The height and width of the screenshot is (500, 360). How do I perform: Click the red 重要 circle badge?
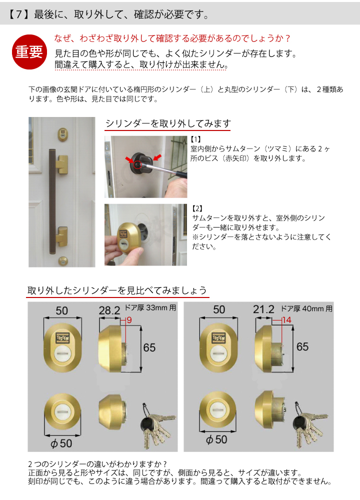pyautogui.click(x=29, y=52)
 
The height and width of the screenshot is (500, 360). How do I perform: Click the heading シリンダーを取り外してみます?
pyautogui.click(x=167, y=124)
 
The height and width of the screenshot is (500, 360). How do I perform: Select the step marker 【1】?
pyautogui.click(x=196, y=139)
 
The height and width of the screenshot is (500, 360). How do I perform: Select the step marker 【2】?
pyautogui.click(x=196, y=208)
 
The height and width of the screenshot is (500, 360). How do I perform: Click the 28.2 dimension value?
pyautogui.click(x=109, y=310)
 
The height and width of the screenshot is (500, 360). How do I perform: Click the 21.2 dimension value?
pyautogui.click(x=263, y=310)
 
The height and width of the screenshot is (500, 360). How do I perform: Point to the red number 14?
pyautogui.click(x=286, y=320)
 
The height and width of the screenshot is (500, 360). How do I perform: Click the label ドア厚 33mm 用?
pyautogui.click(x=153, y=308)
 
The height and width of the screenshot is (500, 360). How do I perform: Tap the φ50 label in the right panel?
pyautogui.click(x=216, y=440)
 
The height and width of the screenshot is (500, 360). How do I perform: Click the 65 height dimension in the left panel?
pyautogui.click(x=149, y=346)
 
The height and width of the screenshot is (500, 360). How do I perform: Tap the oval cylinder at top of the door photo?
pyautogui.click(x=63, y=133)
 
